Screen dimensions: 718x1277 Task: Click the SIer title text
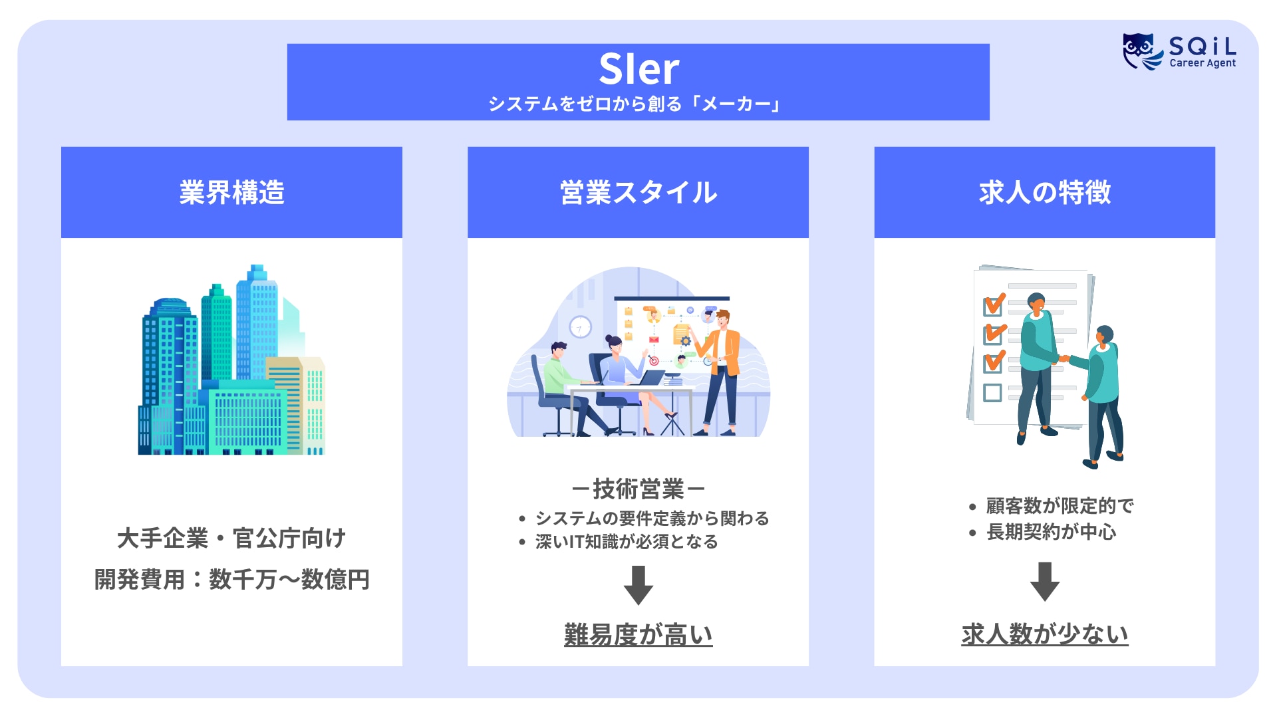[638, 69]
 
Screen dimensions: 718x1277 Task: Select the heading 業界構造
[231, 193]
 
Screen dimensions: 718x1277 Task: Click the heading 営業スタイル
[638, 193]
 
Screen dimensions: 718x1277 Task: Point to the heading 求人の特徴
[1044, 193]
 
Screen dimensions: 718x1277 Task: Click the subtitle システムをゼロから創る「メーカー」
[635, 104]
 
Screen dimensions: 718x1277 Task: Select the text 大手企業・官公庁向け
[231, 538]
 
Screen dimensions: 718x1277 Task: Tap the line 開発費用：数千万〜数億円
[231, 580]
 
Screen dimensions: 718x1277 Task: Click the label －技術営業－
[638, 489]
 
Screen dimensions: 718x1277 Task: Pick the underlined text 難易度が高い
[638, 635]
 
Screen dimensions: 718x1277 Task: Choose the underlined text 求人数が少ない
[1044, 634]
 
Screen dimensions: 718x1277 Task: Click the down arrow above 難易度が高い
[638, 585]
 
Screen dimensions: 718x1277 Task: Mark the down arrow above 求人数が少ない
[1044, 581]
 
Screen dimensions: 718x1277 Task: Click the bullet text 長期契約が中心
[1051, 532]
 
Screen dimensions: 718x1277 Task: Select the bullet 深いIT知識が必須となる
[627, 542]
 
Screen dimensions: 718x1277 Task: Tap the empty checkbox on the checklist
[992, 393]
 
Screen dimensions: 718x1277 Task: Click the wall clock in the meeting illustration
[580, 327]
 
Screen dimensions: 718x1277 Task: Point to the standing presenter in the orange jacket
[722, 372]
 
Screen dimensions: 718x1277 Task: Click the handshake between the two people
[1064, 359]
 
